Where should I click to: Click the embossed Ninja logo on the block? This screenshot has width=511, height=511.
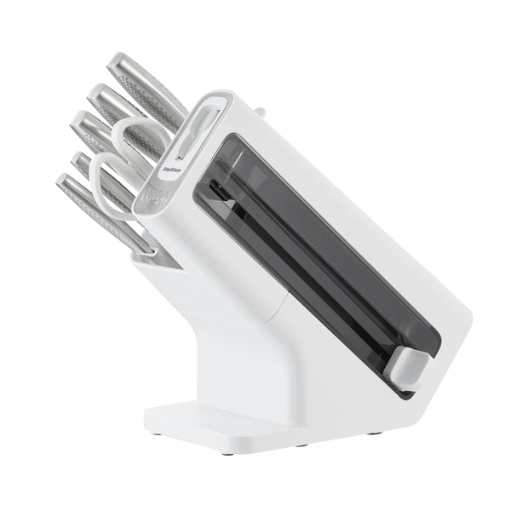(x=157, y=201)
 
